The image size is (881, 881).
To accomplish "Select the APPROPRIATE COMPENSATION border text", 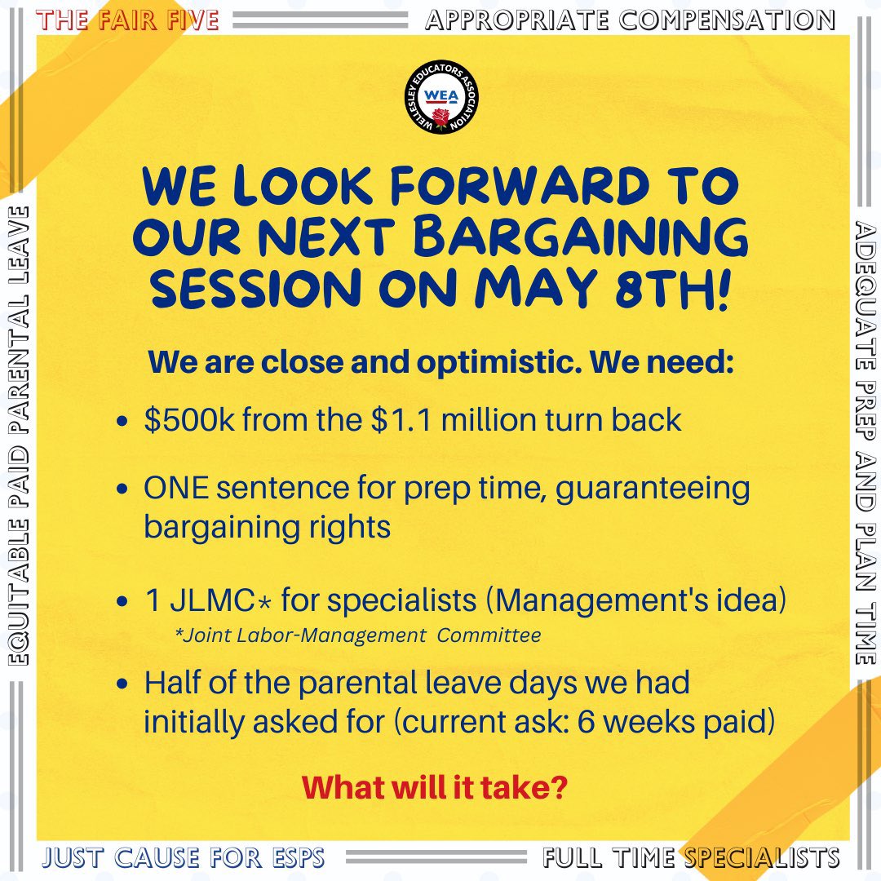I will click(x=630, y=20).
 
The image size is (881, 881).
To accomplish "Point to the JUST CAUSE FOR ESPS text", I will click(x=184, y=858).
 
